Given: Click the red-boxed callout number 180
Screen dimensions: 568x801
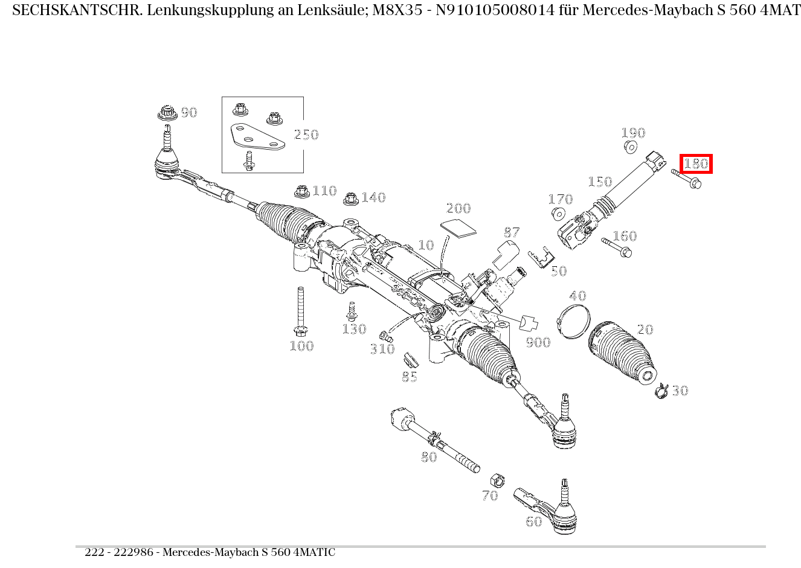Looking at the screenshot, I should [x=696, y=164].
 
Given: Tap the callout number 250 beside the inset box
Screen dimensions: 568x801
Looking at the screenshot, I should [x=306, y=135].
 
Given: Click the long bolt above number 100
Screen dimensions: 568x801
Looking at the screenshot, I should [x=299, y=310].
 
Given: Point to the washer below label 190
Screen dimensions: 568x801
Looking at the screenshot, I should [x=630, y=147].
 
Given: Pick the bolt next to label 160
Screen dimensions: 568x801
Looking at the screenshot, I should [x=617, y=247].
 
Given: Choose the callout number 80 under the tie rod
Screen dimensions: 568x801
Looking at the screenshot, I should [x=429, y=457].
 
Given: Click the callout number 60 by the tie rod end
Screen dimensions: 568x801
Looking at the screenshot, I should [x=533, y=522].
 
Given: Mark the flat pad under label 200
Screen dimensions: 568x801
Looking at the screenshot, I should [x=457, y=227].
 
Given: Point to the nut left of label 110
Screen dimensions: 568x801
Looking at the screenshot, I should [x=300, y=192].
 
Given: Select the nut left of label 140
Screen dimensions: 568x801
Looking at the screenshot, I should [x=350, y=199].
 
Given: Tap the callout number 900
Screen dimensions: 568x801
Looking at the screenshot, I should [x=537, y=343].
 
